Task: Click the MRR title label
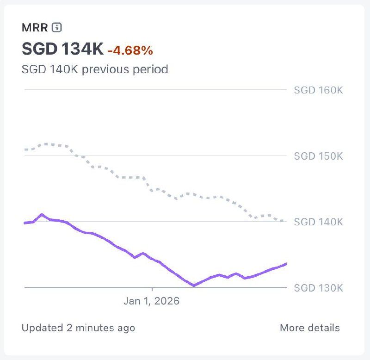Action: (x=35, y=28)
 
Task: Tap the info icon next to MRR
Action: (x=56, y=28)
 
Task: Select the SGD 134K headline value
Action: (x=62, y=49)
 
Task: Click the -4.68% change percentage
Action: (x=130, y=50)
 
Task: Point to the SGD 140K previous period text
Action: (x=94, y=69)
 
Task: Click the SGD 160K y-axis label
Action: (x=318, y=90)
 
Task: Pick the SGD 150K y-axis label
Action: (x=318, y=156)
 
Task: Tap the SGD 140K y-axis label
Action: (x=318, y=222)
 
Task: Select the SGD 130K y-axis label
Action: (x=318, y=288)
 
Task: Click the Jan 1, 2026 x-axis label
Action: (x=151, y=301)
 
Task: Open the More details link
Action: (x=309, y=328)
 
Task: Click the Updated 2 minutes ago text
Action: (x=78, y=328)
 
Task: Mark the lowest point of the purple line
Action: (x=194, y=286)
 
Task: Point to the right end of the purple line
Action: (x=286, y=264)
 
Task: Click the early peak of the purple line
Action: (x=42, y=214)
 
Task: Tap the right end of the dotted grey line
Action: (x=284, y=221)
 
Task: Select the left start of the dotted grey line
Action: (x=25, y=149)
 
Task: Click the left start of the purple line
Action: (x=25, y=223)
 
